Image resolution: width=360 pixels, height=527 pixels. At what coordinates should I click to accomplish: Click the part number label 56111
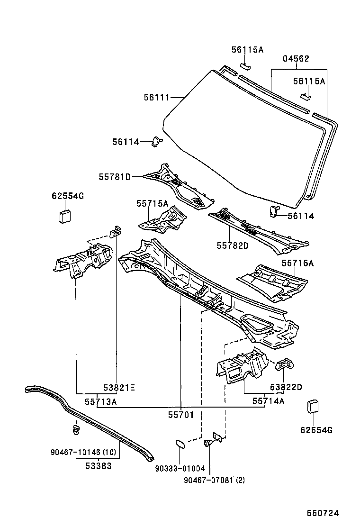[156, 97]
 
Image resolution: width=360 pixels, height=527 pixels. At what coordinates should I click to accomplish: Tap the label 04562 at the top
[296, 59]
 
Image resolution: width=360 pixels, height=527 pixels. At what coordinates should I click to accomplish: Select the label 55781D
[115, 177]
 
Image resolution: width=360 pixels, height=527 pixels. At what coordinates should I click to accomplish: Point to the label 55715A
[152, 203]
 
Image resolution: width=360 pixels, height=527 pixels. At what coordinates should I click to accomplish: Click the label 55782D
[233, 245]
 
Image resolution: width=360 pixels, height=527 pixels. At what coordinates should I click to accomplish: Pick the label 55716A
[297, 263]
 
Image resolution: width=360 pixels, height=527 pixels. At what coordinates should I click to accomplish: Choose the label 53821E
[119, 388]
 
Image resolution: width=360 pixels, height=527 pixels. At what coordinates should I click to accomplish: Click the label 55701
[181, 414]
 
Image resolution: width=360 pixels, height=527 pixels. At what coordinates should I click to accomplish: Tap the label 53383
[99, 466]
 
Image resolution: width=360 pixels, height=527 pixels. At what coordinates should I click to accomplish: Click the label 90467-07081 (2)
[214, 480]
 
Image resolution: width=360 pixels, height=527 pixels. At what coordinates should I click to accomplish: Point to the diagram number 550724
[324, 513]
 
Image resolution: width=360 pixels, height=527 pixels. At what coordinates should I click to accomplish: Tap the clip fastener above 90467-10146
[75, 430]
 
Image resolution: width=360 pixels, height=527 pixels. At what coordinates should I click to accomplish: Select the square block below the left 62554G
[65, 216]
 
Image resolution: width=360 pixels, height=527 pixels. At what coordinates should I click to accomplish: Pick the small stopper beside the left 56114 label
[156, 141]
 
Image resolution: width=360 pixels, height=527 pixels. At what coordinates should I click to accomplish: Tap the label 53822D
[286, 387]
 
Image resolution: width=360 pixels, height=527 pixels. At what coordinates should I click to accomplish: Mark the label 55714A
[268, 401]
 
